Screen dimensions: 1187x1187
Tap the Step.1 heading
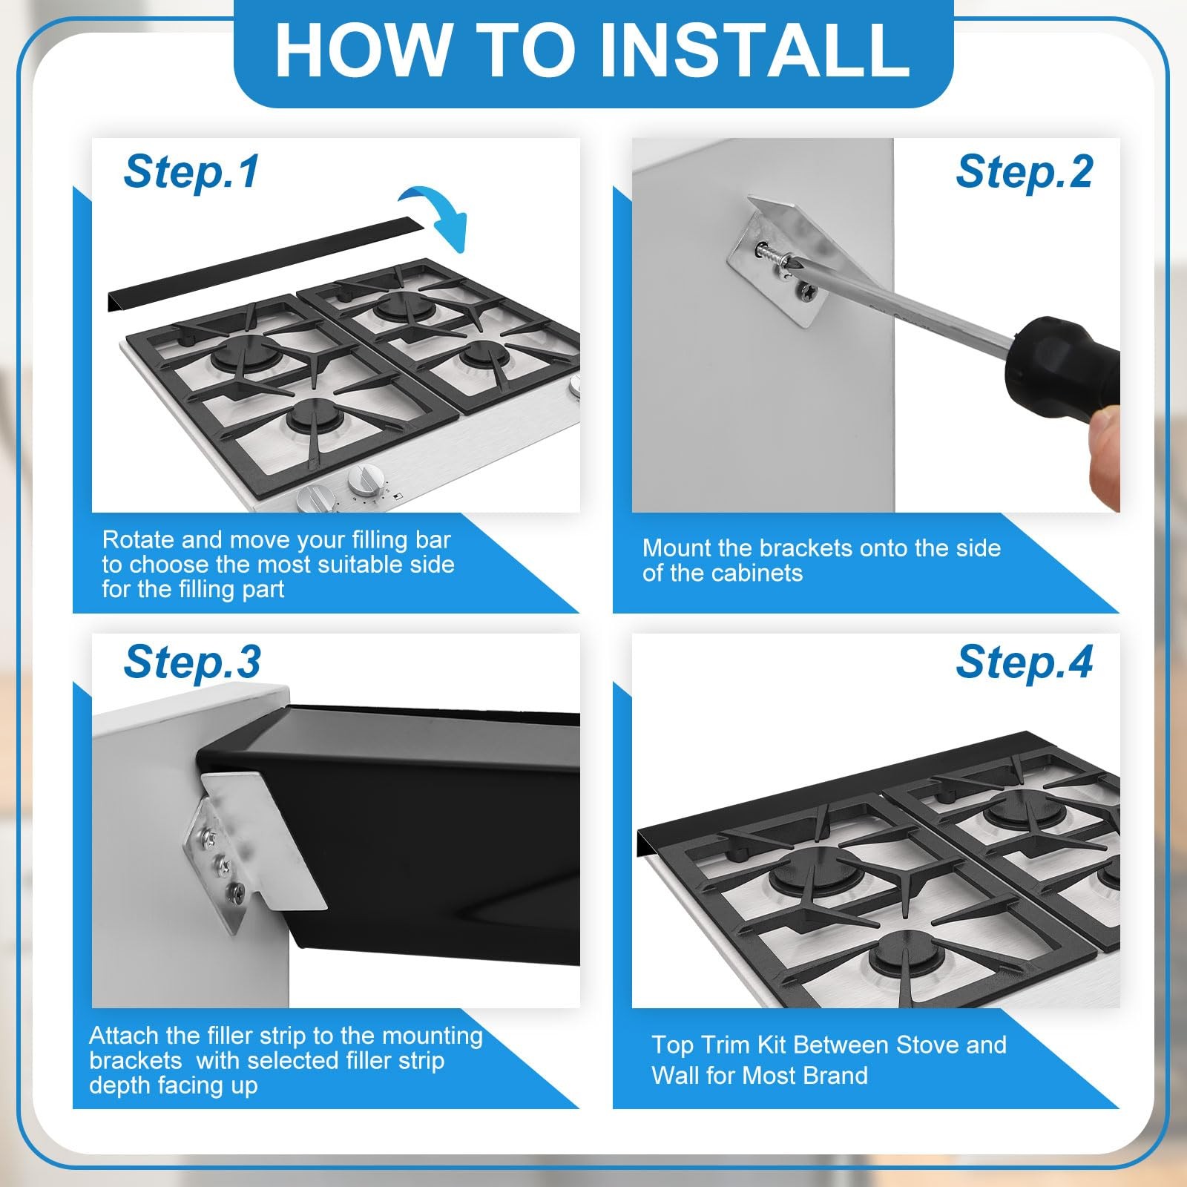[x=191, y=171]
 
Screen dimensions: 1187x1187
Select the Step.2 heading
[x=1024, y=171]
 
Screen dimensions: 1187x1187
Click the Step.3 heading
[x=192, y=661]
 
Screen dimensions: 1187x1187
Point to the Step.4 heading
[x=1024, y=661]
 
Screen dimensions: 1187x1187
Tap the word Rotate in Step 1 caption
[x=138, y=539]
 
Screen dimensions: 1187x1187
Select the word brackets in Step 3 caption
[x=135, y=1060]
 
